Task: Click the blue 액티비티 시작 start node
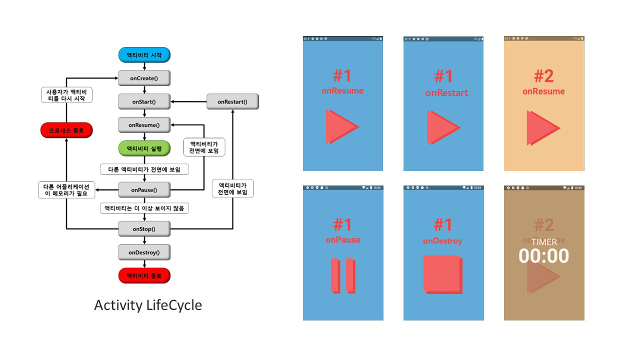coord(144,55)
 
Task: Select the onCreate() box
coord(144,78)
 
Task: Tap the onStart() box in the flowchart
coord(144,101)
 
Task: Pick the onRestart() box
coord(232,101)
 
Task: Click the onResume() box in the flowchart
coord(144,125)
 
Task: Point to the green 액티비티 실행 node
coord(144,148)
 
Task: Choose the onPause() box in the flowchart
coord(144,190)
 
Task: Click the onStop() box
coord(144,229)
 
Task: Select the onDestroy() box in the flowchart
coord(144,252)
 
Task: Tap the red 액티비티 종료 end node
coord(144,275)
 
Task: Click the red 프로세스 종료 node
coord(66,130)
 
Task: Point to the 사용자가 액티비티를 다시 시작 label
coord(66,94)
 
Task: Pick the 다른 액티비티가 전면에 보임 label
coord(144,169)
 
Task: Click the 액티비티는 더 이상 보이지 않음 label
coord(144,208)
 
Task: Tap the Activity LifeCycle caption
coord(148,305)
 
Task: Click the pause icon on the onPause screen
coord(342,275)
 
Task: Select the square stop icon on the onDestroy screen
coord(442,274)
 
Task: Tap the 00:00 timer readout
coord(543,256)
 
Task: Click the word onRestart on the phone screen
coord(446,92)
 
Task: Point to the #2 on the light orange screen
coord(543,76)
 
